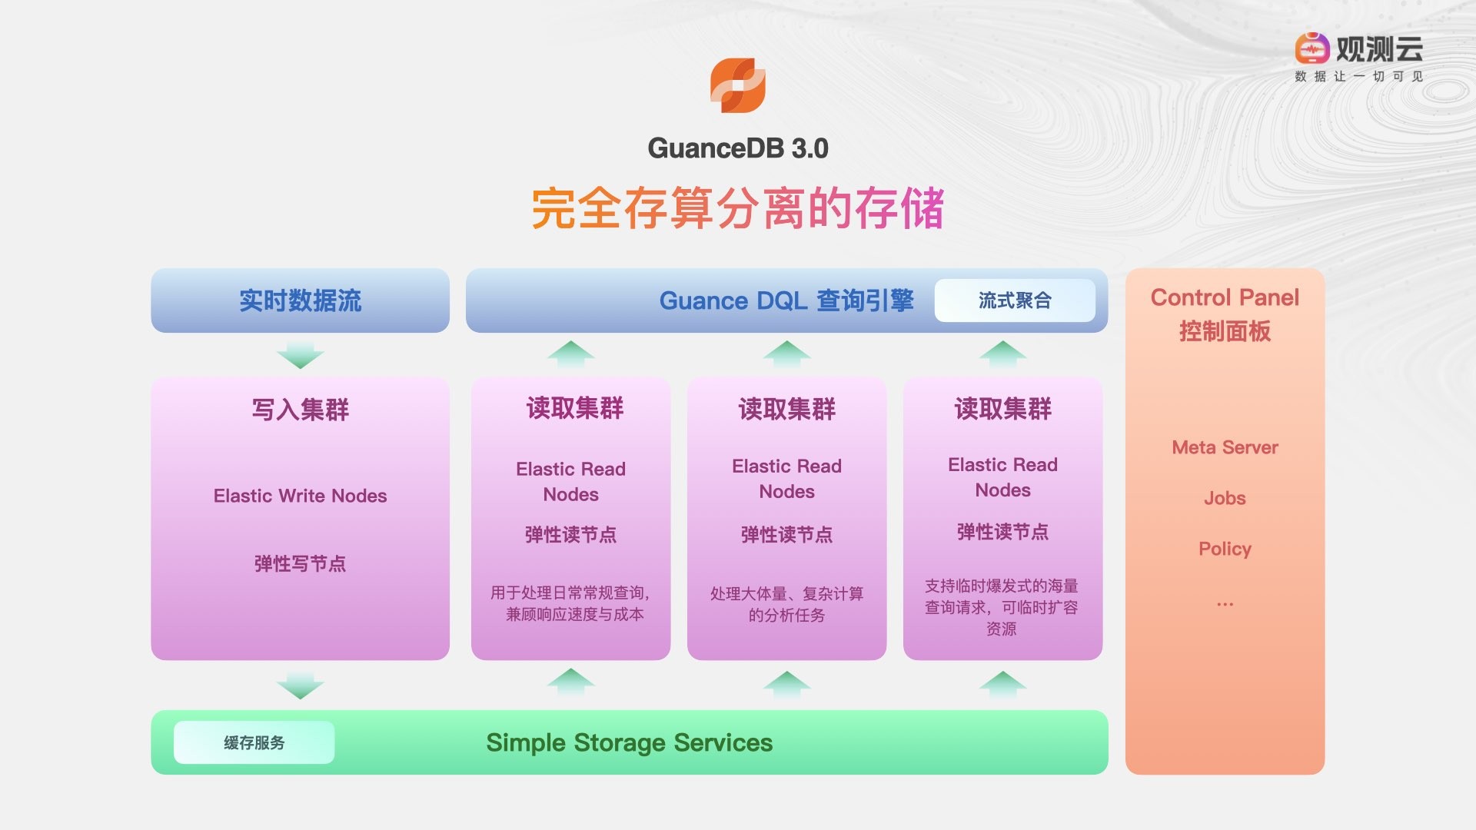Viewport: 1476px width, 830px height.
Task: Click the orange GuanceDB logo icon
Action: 737,85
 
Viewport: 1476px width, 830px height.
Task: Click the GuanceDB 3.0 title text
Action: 737,148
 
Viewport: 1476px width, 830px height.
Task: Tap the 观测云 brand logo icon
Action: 1311,48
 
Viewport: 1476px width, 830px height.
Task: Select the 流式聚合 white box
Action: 1015,300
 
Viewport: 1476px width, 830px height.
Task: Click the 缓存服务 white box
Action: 254,742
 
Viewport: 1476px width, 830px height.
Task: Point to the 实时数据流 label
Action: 300,300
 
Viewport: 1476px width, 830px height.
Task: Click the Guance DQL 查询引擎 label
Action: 786,300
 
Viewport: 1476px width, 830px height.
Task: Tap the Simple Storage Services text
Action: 629,742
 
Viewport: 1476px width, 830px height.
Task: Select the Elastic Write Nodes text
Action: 300,496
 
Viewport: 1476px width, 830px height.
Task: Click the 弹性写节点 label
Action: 300,563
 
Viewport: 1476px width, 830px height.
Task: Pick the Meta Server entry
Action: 1225,447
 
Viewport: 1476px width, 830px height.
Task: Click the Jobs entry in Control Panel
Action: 1225,498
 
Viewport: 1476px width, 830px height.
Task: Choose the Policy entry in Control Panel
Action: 1225,549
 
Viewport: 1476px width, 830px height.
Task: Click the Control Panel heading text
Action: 1225,298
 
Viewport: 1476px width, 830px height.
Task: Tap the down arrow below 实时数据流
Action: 300,355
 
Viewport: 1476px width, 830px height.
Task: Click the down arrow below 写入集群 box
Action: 300,685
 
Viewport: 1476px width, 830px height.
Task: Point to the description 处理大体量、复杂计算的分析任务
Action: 786,604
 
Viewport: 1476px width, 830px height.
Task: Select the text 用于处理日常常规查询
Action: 570,593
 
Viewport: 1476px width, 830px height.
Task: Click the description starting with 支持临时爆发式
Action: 1002,607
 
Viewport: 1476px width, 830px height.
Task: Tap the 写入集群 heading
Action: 300,410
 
